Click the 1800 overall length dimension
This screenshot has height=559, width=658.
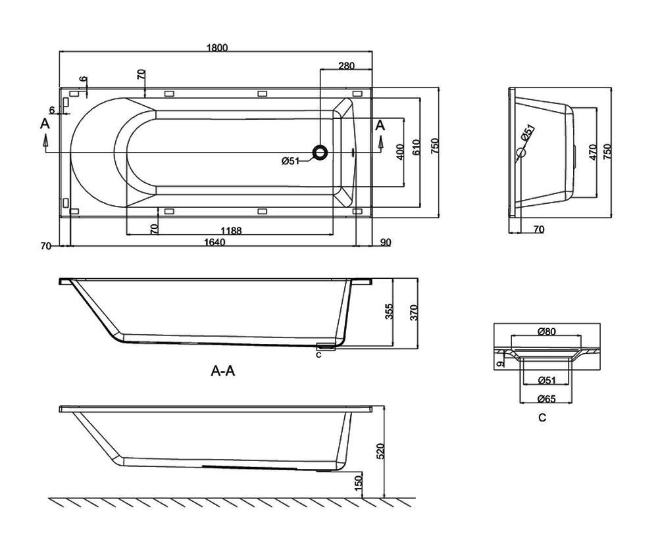point(217,47)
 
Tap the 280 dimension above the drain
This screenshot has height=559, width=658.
point(346,65)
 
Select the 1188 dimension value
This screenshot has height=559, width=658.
point(231,231)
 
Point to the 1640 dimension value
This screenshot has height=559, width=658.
point(215,243)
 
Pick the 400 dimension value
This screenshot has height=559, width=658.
point(400,152)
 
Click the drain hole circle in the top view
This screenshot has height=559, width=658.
point(321,152)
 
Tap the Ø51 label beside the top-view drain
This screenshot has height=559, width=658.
point(290,160)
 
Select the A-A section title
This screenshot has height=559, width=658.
point(223,371)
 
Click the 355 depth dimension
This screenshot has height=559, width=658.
point(389,312)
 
